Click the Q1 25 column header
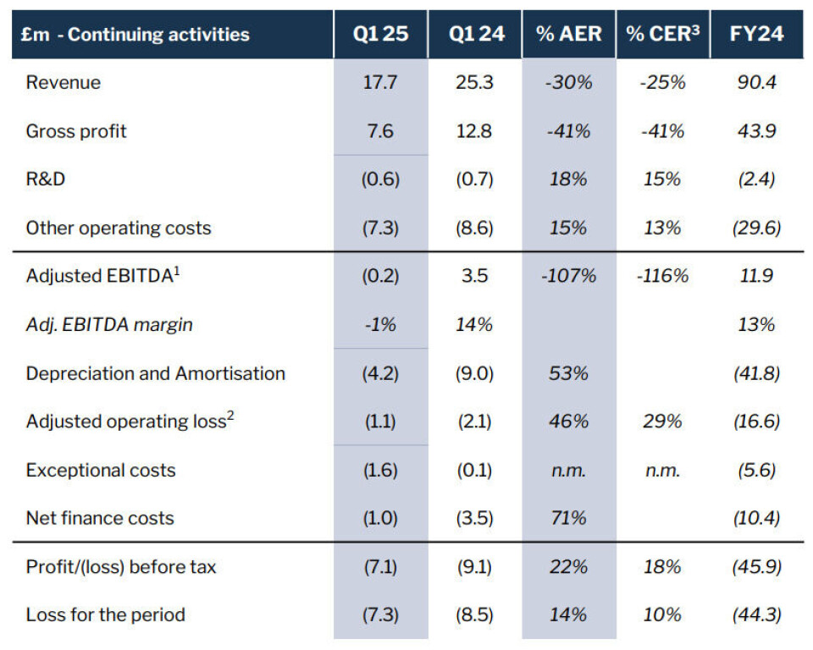[380, 35]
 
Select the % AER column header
[568, 35]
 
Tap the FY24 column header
[756, 35]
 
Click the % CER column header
[662, 35]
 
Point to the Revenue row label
[64, 82]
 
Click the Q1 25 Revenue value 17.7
[380, 82]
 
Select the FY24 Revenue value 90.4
[756, 82]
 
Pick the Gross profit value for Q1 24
[475, 131]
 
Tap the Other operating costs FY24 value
[756, 228]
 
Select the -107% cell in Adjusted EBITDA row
[568, 276]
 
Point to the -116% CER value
[662, 276]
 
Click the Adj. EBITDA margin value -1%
[380, 325]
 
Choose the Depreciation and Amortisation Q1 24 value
[475, 373]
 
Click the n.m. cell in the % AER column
[568, 471]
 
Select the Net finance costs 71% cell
[568, 518]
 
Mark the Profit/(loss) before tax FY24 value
[756, 567]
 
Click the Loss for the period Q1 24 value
[475, 615]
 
